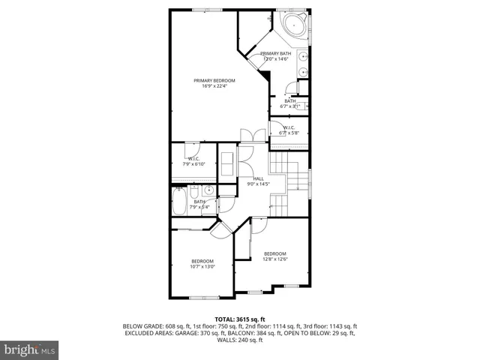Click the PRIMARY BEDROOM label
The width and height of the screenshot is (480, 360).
coord(214,80)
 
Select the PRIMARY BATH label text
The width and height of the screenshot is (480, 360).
coord(275,54)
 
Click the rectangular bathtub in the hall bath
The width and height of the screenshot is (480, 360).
coord(180,201)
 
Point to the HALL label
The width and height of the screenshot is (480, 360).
coord(257,178)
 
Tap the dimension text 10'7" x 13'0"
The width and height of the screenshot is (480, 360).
coord(202,266)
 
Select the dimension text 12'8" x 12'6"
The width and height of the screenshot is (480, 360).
coord(275,259)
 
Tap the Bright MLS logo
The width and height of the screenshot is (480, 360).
coord(30,349)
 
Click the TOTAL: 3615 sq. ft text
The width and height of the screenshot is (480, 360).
coord(239,319)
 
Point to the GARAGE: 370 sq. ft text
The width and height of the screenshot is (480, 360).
coord(211,333)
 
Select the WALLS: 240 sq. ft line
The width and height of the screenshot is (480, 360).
coord(239,340)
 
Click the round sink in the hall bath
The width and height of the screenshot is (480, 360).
coord(209,190)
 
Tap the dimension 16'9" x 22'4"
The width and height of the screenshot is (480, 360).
coord(214,86)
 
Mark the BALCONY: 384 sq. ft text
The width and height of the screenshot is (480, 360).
coord(268,333)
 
